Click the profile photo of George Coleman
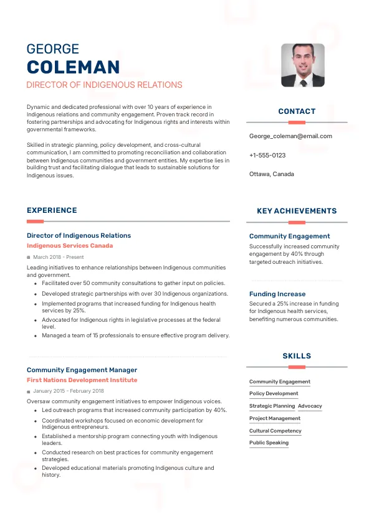pos(302,65)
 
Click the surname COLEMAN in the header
pos(74,67)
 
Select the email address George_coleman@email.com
pos(290,136)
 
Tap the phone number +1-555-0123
pos(267,155)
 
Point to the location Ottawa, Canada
pos(271,174)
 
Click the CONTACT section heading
pos(297,111)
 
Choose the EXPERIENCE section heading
pos(52,210)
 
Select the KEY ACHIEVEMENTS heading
pos(297,211)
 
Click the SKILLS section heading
pos(297,356)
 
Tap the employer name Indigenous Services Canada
pos(70,246)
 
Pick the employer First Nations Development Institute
pos(82,380)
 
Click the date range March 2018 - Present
pos(58,256)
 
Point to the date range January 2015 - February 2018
pos(69,391)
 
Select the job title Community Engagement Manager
pos(82,370)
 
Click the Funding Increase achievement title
pos(277,294)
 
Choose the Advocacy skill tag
pos(310,406)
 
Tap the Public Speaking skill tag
pos(269,442)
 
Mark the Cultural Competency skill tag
pos(275,431)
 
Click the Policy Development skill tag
pos(274,393)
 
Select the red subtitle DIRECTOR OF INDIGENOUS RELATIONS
pos(104,85)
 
